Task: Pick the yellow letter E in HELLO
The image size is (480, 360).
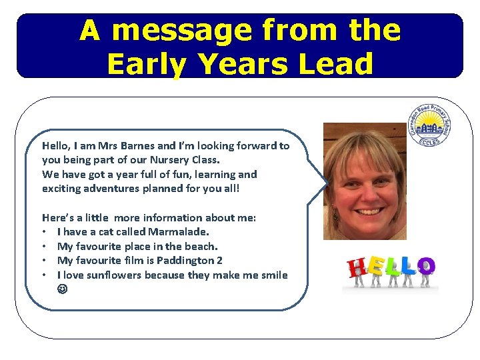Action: (x=375, y=267)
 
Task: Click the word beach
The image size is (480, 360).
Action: (x=199, y=246)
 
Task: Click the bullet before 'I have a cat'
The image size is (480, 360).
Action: (x=45, y=233)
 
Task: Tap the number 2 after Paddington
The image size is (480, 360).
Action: (x=219, y=261)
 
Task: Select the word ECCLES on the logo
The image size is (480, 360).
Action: (x=429, y=142)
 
